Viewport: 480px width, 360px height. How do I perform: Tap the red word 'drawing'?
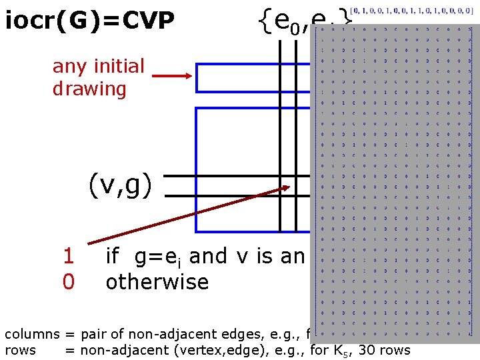click(x=89, y=89)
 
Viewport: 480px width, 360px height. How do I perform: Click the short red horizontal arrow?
click(x=177, y=76)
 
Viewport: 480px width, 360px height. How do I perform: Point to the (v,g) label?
click(x=120, y=185)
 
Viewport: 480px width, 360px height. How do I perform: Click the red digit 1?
click(x=68, y=256)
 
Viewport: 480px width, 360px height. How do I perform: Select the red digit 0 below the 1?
click(x=68, y=282)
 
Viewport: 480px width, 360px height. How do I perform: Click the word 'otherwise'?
click(x=157, y=282)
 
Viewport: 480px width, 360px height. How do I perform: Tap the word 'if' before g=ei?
click(x=113, y=256)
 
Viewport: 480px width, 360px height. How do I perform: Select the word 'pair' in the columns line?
click(x=91, y=333)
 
